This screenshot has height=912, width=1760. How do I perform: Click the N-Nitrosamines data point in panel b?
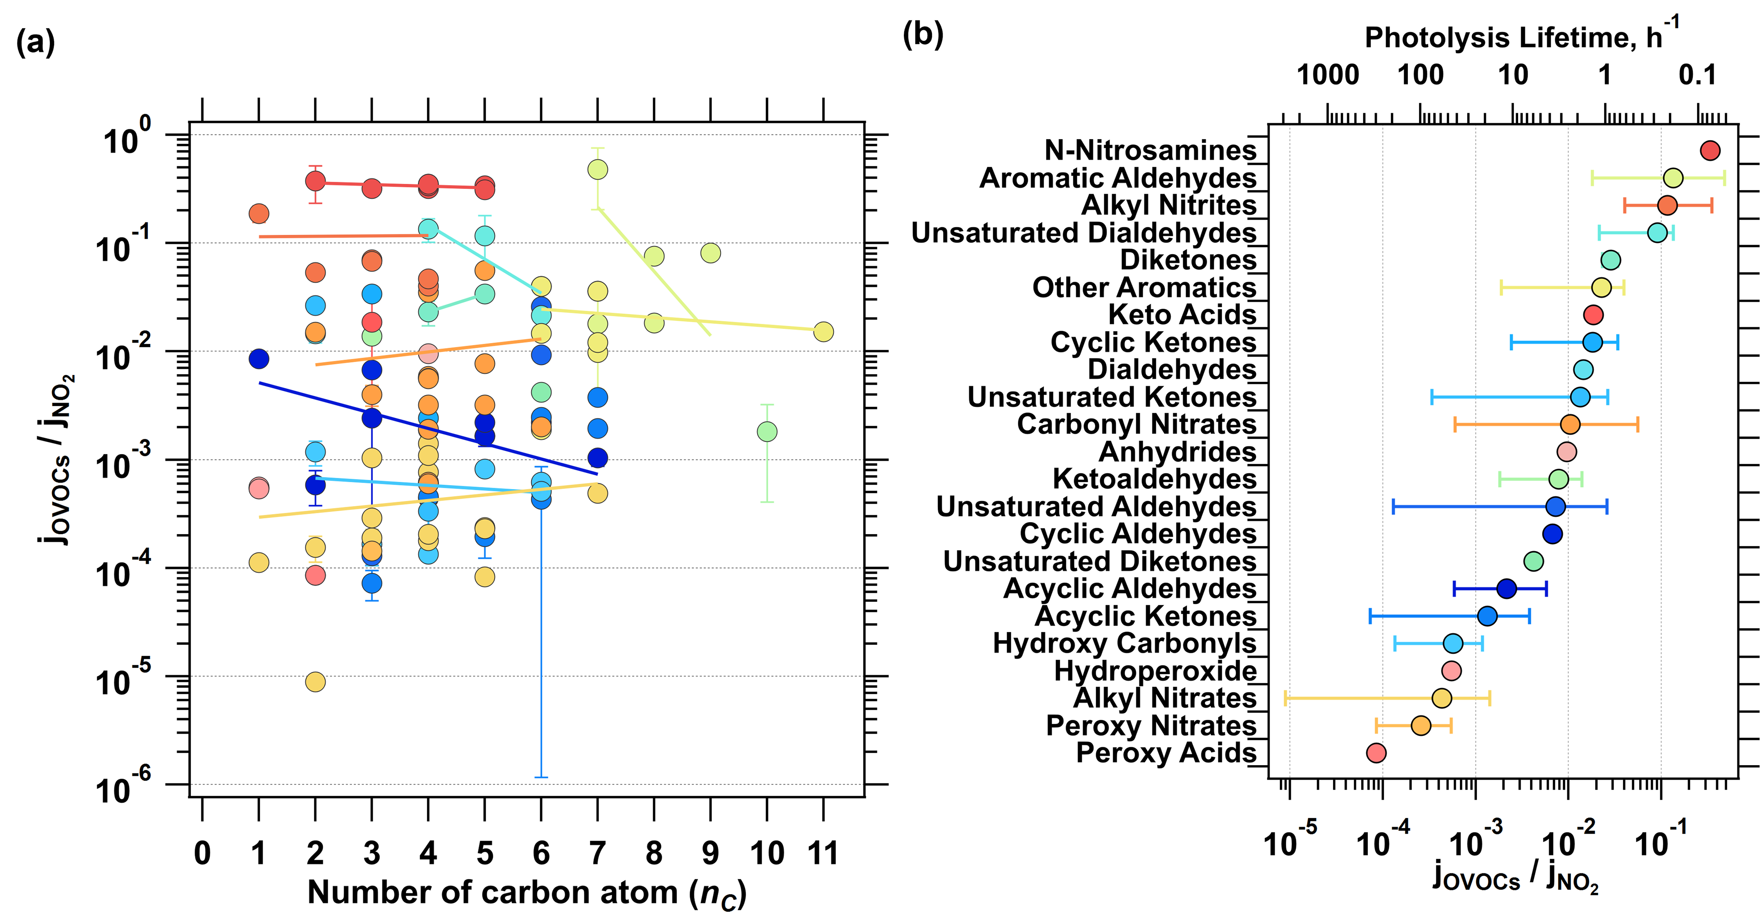click(x=1709, y=150)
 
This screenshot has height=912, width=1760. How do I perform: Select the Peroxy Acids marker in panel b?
click(x=1376, y=753)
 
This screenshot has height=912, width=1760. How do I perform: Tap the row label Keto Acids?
click(x=1182, y=315)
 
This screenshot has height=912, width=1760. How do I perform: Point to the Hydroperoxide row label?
click(x=1155, y=671)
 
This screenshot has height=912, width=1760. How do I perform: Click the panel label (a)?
click(x=35, y=43)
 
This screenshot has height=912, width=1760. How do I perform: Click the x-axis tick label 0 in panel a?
click(x=202, y=853)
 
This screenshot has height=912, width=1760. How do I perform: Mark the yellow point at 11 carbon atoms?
click(x=823, y=332)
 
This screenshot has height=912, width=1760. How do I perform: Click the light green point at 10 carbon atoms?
click(x=767, y=431)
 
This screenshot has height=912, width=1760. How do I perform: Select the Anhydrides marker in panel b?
click(x=1567, y=452)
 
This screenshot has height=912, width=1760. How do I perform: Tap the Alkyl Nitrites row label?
click(x=1168, y=205)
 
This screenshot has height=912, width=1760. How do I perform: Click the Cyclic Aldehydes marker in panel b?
click(x=1552, y=534)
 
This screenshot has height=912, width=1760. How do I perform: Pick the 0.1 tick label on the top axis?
click(x=1697, y=74)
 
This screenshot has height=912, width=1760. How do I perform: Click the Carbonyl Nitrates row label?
click(x=1136, y=424)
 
